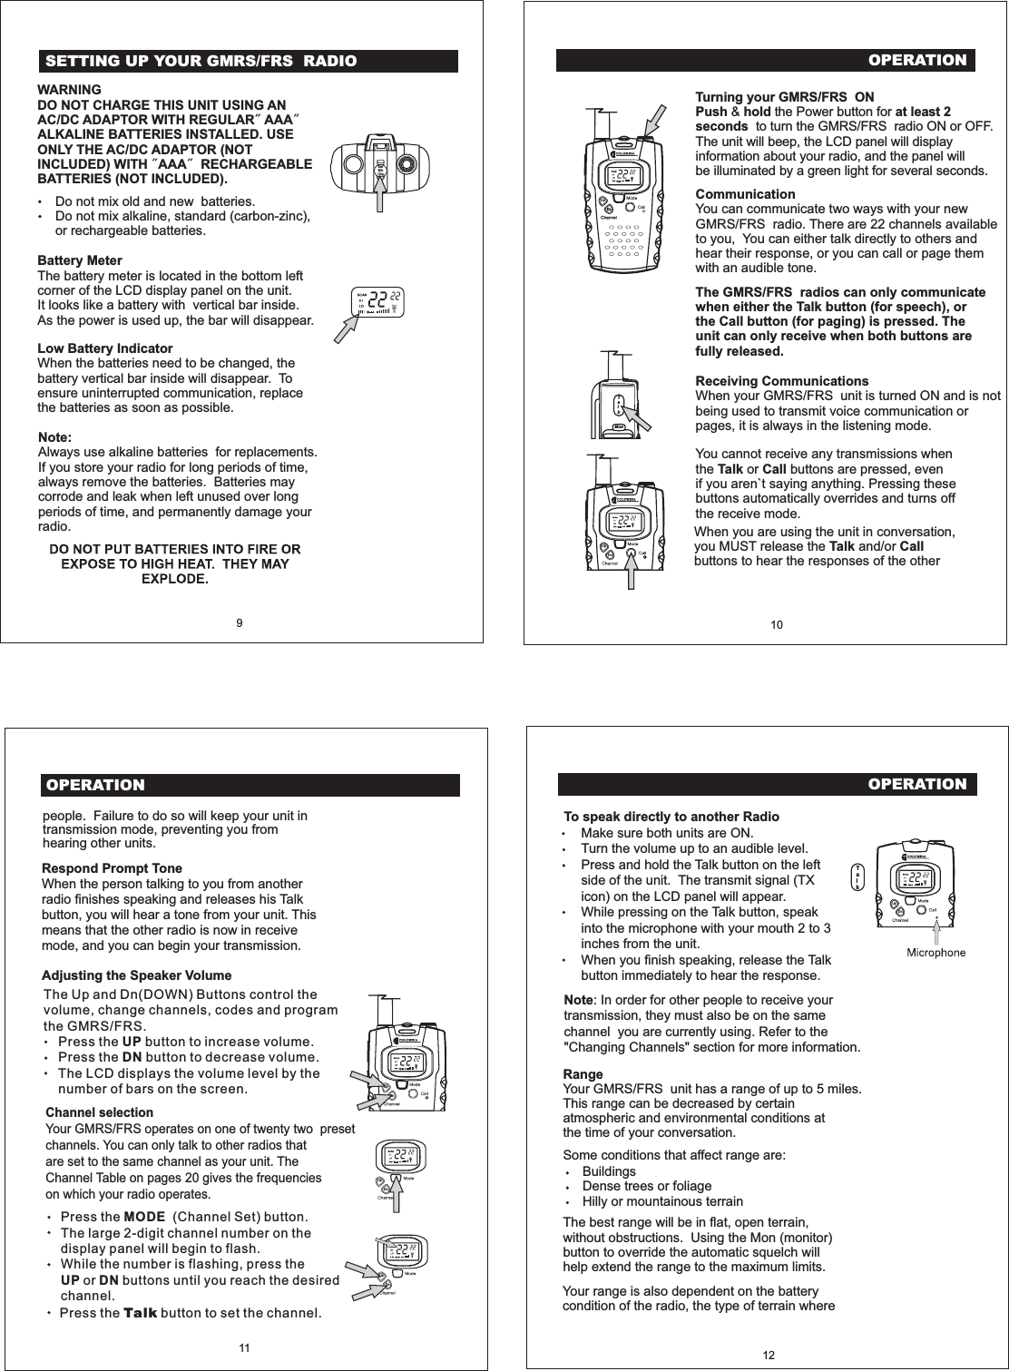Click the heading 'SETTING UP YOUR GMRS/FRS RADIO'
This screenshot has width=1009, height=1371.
coord(201,62)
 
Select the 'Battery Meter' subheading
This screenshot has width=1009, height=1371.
coord(80,260)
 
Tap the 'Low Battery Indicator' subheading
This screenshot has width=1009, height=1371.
coord(104,348)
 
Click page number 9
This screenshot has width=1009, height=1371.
coord(239,622)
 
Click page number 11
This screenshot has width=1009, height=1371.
coord(244,1348)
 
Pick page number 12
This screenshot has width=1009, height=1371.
coord(769,1355)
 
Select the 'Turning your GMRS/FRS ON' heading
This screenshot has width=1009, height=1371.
coord(784,97)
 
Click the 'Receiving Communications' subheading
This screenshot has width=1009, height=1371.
coord(781,381)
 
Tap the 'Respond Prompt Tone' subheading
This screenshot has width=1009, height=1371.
coord(112,868)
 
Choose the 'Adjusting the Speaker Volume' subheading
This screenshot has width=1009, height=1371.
coord(136,975)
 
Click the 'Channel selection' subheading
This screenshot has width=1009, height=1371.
coord(99,1112)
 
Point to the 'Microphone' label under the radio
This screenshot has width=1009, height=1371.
coord(936,953)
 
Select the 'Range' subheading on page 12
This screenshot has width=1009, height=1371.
coord(583,1074)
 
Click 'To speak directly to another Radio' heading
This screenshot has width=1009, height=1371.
coord(671,817)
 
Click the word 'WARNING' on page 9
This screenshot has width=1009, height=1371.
coord(68,90)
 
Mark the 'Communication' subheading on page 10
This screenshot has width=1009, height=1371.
coord(744,194)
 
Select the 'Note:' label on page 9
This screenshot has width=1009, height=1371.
coord(54,437)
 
